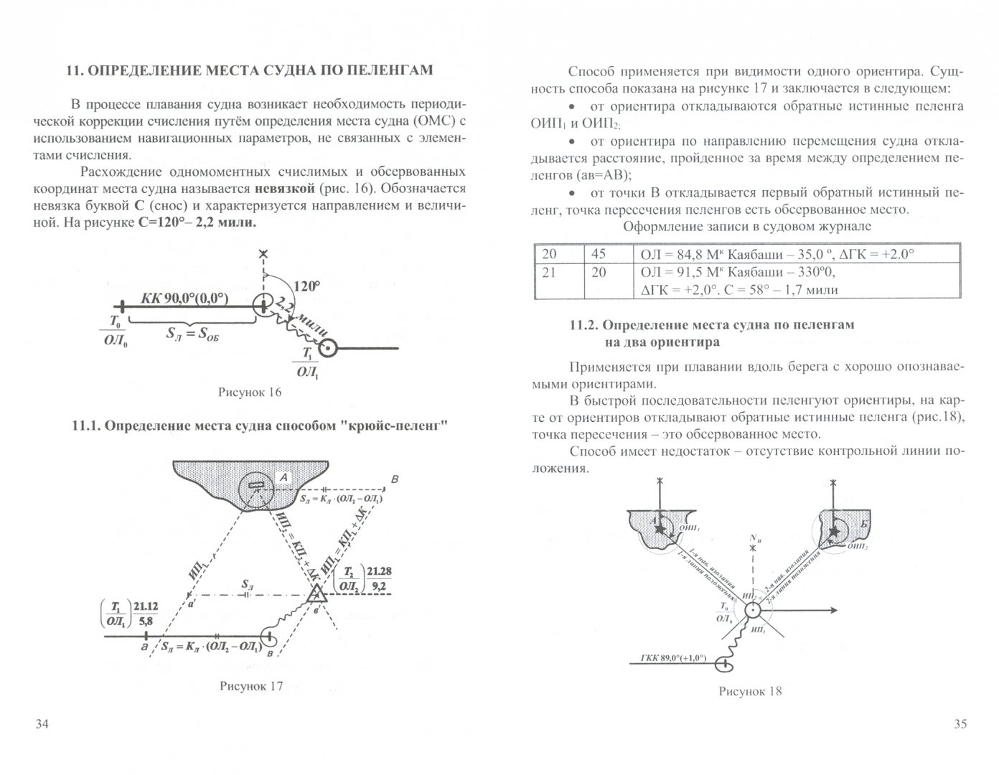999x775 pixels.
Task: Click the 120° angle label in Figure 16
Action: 306,286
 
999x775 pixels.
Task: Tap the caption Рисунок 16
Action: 249,392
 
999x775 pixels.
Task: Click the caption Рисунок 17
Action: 250,685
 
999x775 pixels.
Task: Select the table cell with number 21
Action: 549,273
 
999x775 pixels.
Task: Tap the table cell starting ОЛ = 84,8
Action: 775,254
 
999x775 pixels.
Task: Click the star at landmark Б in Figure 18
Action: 833,531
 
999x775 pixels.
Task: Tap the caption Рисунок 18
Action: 749,691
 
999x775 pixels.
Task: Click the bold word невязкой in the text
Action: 278,189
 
